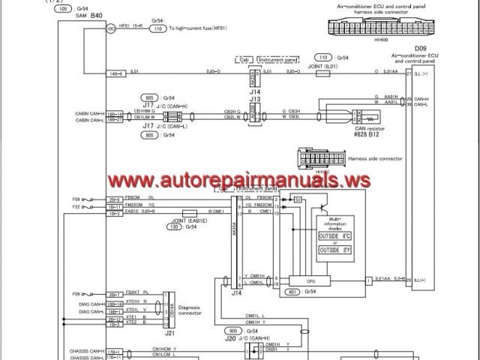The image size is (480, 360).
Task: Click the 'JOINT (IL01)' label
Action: pos(322,65)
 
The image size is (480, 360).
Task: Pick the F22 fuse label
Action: pos(76,205)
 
